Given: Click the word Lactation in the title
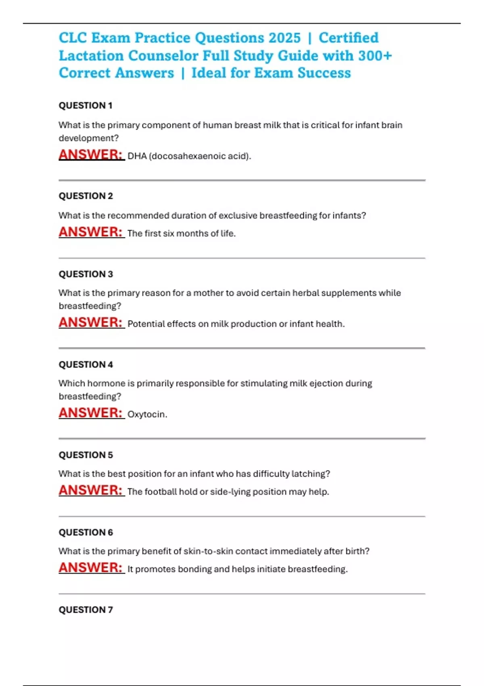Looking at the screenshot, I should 91,56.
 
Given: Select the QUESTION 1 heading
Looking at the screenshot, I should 86,106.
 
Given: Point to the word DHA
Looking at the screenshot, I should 137,156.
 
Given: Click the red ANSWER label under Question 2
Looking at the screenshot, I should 91,232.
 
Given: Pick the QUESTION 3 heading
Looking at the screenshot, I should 86,274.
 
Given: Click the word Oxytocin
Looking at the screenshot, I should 147,414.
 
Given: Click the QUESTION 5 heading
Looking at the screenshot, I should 86,455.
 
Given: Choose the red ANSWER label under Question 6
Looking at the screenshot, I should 91,568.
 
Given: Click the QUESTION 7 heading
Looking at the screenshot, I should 86,610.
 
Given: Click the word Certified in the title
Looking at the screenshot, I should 348,38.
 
